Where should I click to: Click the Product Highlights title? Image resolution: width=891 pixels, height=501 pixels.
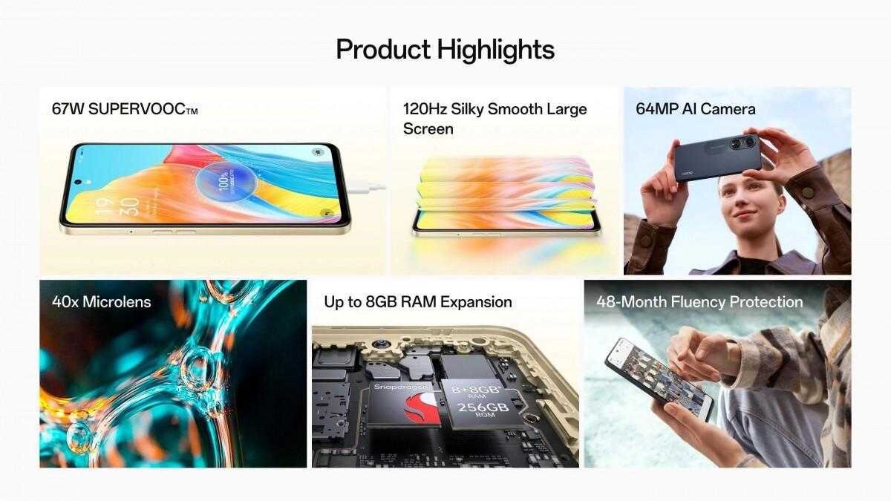(x=445, y=50)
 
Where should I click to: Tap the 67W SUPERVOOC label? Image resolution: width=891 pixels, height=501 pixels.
(x=125, y=110)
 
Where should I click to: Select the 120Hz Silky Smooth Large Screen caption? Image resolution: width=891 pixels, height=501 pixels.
(x=495, y=119)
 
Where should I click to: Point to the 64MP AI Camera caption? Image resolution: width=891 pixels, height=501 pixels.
(x=696, y=109)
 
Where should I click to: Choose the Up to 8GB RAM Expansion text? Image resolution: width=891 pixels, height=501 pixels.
(x=417, y=302)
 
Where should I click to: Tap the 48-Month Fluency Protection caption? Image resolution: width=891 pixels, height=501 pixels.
(x=699, y=302)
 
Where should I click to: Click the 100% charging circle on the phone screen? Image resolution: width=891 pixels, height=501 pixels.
(x=222, y=181)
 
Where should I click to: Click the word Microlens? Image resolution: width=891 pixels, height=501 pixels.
(x=117, y=302)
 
